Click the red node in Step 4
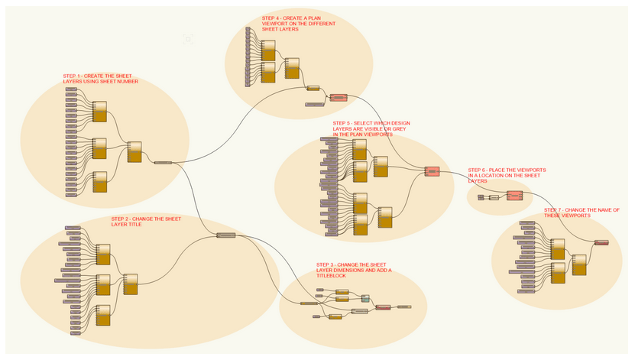[x=338, y=98]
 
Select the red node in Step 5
[x=433, y=172]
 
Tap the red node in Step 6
[x=514, y=196]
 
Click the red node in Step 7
[x=601, y=243]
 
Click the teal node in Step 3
[x=365, y=298]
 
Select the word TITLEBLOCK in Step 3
[x=332, y=275]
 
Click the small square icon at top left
[x=188, y=38]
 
